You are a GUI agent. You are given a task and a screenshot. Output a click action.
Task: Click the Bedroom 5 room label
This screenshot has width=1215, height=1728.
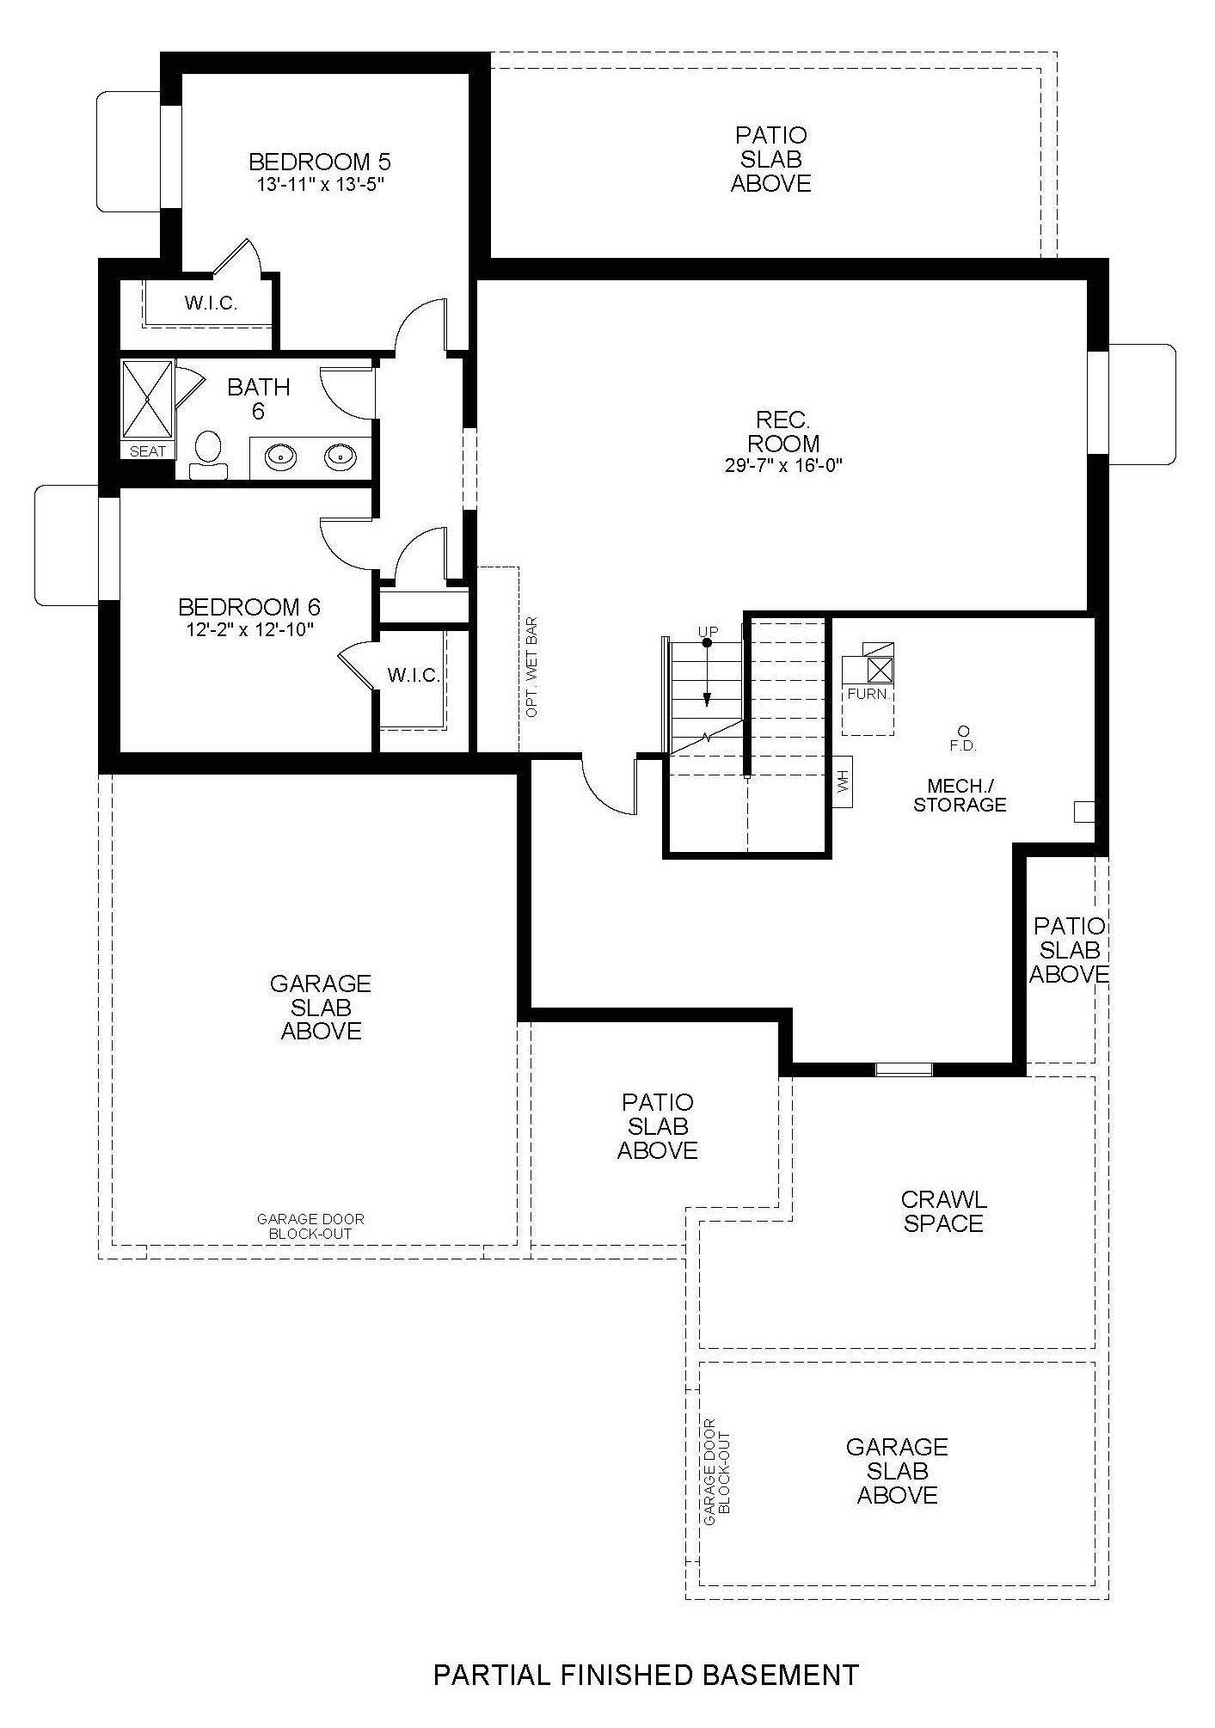coord(319,162)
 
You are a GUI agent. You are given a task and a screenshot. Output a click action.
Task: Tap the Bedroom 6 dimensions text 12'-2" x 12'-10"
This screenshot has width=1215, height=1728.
coord(249,629)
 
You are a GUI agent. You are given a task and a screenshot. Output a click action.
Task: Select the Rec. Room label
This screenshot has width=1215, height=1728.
coord(782,432)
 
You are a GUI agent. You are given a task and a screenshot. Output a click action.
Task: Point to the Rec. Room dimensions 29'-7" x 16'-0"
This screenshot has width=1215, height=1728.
coord(782,467)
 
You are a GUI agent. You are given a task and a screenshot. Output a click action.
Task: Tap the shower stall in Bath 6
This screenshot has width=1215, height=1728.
coord(147,400)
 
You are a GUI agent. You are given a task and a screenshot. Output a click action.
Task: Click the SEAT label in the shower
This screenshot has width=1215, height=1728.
coord(147,451)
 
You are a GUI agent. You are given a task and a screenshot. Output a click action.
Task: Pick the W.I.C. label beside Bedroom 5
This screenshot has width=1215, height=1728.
coord(211,303)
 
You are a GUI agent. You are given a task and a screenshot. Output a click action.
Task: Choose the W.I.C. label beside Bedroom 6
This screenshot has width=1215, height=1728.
coord(414,675)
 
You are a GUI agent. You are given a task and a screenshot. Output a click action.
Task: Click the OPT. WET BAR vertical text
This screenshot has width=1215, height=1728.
coord(532,666)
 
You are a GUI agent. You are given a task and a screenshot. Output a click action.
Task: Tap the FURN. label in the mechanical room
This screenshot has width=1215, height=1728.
coord(868,693)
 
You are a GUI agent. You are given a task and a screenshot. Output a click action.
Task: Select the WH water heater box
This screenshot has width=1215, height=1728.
coord(843,782)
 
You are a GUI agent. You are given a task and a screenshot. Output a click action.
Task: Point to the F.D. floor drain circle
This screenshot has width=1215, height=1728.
coord(963,729)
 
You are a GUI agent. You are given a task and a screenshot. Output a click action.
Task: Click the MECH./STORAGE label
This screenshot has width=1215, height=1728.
coord(960,795)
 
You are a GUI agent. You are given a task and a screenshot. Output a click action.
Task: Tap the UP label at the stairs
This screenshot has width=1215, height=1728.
coord(708,632)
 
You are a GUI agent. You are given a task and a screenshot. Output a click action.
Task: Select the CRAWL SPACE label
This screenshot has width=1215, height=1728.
coord(943,1211)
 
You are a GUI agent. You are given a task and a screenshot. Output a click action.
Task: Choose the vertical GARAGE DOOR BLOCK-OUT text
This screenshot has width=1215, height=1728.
coord(716,1472)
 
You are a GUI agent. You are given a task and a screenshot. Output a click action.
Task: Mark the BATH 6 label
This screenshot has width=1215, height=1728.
coord(258,399)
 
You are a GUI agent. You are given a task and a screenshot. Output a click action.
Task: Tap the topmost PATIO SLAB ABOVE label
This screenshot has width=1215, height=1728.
coord(770,159)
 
